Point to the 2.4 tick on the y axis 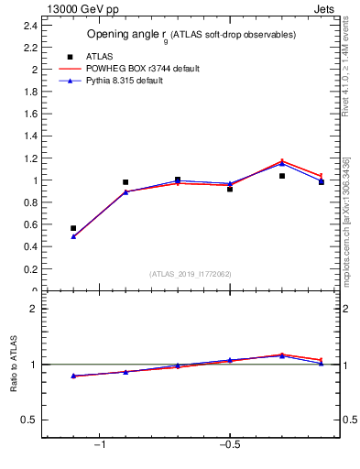[x=30, y=26]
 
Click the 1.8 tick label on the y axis [x=30, y=92]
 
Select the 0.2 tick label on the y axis [x=30, y=269]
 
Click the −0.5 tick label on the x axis [x=228, y=446]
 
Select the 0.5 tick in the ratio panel [x=30, y=420]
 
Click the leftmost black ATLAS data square [x=73, y=228]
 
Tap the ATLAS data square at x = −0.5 [x=230, y=189]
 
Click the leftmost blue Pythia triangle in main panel [x=73, y=236]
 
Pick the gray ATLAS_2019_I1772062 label [x=191, y=274]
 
